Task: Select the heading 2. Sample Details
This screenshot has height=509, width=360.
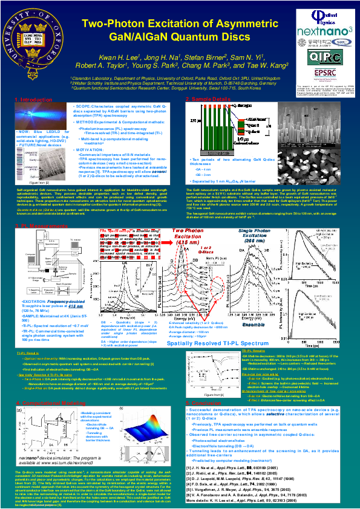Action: click(x=206, y=99)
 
